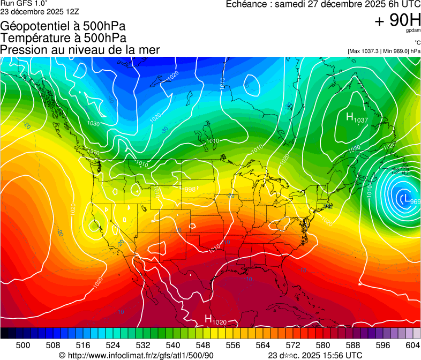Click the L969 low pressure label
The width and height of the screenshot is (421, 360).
(410, 200)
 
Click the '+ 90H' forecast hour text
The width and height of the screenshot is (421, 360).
(397, 20)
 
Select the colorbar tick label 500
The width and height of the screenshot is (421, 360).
(23, 346)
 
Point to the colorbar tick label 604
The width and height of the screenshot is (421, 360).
(412, 346)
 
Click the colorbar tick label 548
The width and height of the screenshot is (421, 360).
(203, 346)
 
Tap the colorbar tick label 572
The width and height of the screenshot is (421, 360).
(293, 346)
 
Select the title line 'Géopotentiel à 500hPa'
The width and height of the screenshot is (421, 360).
(63, 26)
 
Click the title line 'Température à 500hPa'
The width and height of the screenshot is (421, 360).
(63, 38)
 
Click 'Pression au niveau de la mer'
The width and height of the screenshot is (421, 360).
(80, 50)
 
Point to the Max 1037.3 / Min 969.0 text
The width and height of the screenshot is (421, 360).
(384, 51)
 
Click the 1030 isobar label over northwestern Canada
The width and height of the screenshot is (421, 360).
(93, 123)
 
